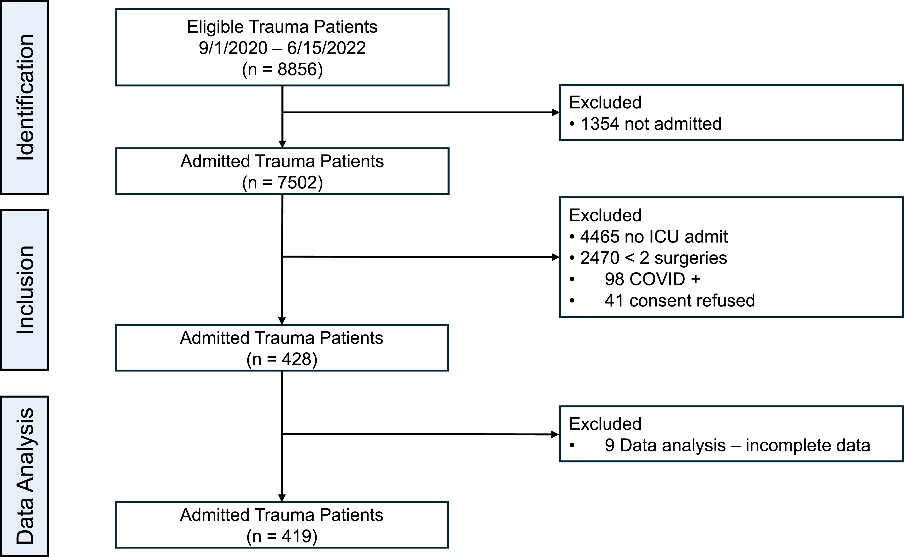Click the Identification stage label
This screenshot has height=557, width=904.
pos(25,97)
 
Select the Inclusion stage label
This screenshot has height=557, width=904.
pos(25,290)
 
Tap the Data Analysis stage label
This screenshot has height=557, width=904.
pos(25,476)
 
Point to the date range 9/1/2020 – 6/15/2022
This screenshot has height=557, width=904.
pos(282,48)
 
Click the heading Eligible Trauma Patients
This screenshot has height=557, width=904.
pos(282,26)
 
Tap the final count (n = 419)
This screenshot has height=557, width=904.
pos(282,536)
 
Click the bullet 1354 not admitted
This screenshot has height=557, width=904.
pos(645,124)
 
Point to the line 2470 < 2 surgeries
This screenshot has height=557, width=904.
pos(648,258)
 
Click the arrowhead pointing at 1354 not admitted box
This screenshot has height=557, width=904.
pos(556,112)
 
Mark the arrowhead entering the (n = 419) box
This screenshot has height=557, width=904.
pos(282,498)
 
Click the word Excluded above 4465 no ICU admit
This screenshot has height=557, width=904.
pos(605,215)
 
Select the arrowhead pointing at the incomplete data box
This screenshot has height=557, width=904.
pos(555,435)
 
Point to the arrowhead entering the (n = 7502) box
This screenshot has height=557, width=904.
pos(282,144)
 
